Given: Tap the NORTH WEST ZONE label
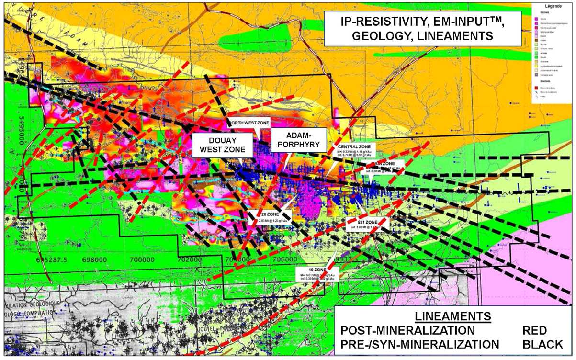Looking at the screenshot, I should (248, 123).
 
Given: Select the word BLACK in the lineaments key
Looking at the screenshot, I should (543, 344).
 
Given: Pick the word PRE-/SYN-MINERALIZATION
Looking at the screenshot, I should (419, 344).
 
